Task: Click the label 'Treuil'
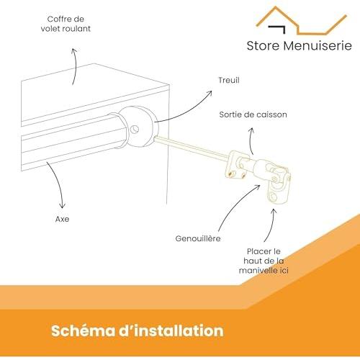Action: coord(229,80)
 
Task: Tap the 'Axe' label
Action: coord(62,219)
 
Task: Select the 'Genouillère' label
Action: coord(198,238)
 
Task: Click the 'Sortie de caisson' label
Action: coord(253,114)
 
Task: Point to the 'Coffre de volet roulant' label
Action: coord(66,24)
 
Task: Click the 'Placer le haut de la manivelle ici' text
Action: coord(264,261)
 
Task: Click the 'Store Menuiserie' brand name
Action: coord(299,45)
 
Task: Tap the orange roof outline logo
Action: coord(302,21)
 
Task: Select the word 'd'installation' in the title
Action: coord(171,330)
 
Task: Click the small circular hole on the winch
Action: coord(134,130)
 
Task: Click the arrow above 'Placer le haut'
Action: coord(271,225)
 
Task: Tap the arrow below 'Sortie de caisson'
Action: coord(250,142)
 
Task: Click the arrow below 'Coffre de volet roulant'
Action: coord(76,66)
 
